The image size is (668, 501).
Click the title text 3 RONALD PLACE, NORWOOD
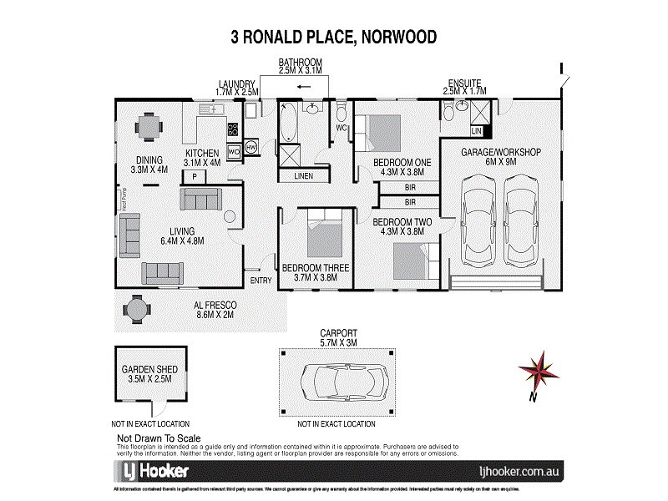pos(333,37)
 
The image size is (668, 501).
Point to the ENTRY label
pos(261,280)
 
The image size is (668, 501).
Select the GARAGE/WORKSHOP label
pos(502,152)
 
